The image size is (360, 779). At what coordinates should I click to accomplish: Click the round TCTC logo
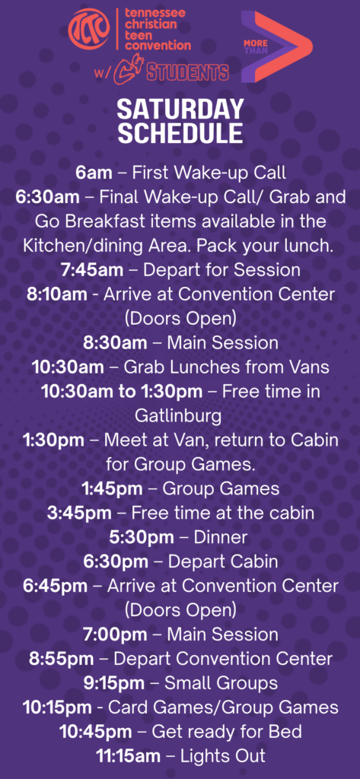pos(89,30)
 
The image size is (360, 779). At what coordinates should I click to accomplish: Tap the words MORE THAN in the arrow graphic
pos(256,47)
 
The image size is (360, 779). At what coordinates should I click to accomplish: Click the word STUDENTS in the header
pos(187,72)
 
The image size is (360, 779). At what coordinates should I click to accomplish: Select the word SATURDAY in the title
pos(180,110)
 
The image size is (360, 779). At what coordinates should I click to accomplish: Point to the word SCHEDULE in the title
pos(180,132)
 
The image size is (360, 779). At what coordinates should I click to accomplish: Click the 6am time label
pos(94,173)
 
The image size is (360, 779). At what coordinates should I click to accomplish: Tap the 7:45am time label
pos(92,270)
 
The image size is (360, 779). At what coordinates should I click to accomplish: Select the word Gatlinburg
pos(179,416)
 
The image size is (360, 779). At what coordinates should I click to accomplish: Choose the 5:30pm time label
pos(142,538)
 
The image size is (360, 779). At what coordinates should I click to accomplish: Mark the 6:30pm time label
pos(116,562)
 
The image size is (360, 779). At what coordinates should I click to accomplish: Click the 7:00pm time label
pos(115,635)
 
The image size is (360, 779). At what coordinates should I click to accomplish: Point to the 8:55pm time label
pos(61,660)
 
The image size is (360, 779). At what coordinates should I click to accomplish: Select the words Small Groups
pos(221,684)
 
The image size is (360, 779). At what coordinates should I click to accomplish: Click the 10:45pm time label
pos(96,733)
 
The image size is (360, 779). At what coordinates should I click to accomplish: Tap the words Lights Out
pos(223,757)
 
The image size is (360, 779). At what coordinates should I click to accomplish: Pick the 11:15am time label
pos(129,757)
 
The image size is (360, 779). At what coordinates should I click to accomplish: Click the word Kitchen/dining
pos(81,246)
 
